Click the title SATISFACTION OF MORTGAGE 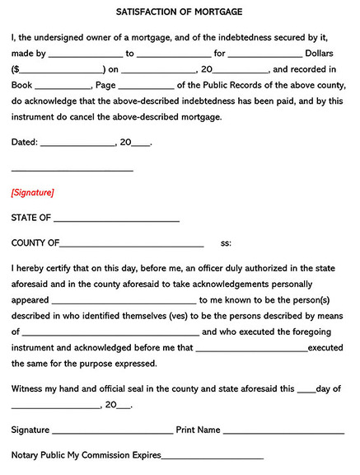click(180, 13)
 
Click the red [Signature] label click(32, 192)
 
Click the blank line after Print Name click(283, 431)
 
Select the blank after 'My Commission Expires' click(212, 456)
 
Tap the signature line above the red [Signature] click(72, 170)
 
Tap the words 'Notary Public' click(39, 455)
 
